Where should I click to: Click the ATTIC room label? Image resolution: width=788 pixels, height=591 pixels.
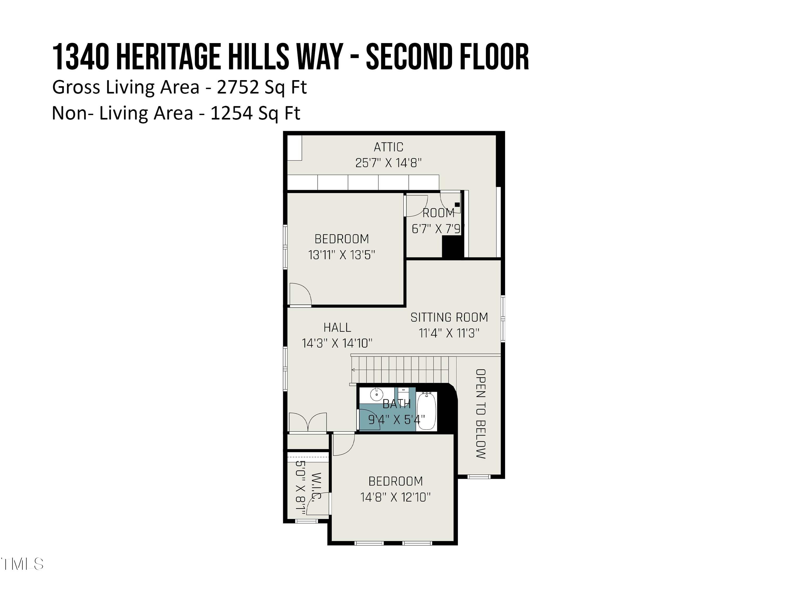tap(388, 147)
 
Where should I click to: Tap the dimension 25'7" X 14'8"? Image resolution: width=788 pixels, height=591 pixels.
tap(388, 163)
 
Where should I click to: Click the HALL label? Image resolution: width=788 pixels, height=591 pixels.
tap(337, 327)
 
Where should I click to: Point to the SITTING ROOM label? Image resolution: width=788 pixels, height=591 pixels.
tap(449, 317)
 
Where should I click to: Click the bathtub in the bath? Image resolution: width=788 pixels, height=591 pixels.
tap(426, 411)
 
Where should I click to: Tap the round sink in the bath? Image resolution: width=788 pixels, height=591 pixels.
tap(376, 394)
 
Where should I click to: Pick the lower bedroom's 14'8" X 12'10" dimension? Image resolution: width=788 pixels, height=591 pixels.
tap(395, 497)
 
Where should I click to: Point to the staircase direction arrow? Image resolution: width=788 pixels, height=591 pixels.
tap(353, 370)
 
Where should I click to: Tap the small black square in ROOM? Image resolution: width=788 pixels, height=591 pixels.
tap(457, 204)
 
